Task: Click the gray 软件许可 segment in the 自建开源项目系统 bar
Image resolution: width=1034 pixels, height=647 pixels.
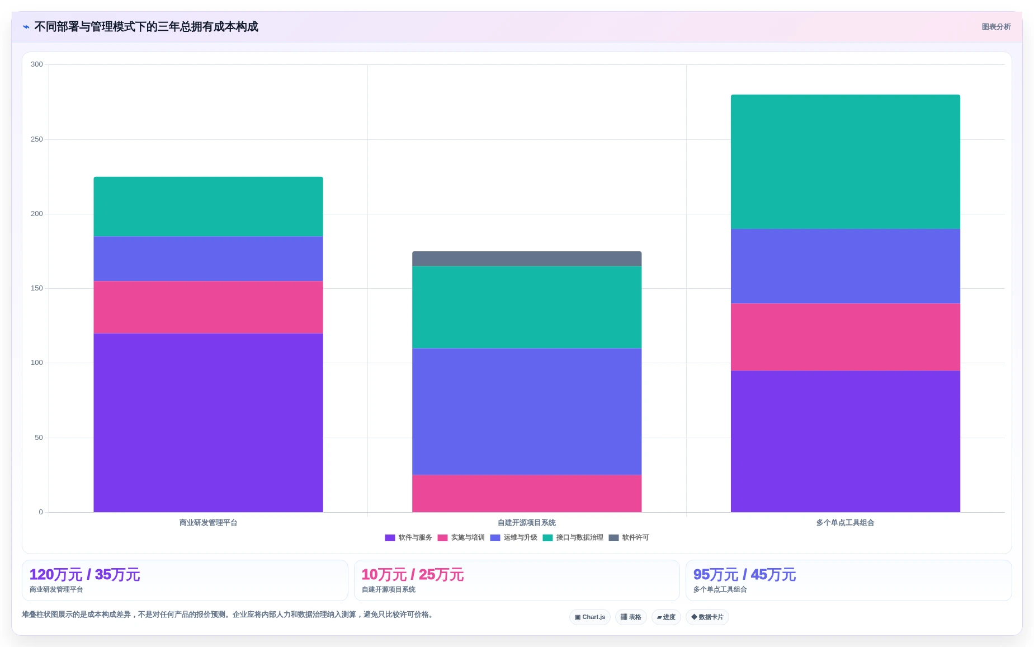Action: click(527, 259)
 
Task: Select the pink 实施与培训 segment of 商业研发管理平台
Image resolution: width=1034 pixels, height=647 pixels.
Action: click(208, 307)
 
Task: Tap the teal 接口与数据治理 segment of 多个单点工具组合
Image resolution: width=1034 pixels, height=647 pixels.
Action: click(845, 162)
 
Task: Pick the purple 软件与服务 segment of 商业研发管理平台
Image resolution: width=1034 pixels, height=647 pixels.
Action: click(208, 423)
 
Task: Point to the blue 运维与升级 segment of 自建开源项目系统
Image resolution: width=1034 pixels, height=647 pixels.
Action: click(527, 411)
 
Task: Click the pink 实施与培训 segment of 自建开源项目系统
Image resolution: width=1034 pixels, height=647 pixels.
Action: click(527, 494)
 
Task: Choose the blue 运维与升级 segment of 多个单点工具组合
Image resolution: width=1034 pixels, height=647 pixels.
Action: click(845, 266)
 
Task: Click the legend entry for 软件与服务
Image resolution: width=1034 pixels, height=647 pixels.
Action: click(408, 538)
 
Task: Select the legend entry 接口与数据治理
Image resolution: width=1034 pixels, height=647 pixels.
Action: click(573, 538)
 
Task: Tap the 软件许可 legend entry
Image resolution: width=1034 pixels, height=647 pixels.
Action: click(629, 538)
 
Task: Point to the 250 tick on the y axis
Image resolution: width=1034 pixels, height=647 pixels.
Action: click(37, 139)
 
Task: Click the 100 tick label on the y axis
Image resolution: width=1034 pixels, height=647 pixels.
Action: click(37, 363)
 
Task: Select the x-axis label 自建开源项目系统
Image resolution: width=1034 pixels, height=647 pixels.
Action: click(527, 523)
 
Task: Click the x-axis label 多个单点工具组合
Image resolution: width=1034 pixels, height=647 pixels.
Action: click(845, 523)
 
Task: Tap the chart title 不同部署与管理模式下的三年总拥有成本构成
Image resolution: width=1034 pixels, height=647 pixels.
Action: click(146, 27)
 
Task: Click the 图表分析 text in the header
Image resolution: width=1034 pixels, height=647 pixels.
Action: click(996, 27)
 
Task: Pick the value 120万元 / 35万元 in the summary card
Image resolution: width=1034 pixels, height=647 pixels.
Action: click(84, 575)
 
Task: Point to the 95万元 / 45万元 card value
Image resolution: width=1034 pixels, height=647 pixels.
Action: click(744, 575)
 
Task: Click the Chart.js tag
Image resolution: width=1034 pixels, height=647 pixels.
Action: click(590, 617)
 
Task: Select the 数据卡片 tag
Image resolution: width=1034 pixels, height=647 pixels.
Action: click(707, 617)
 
